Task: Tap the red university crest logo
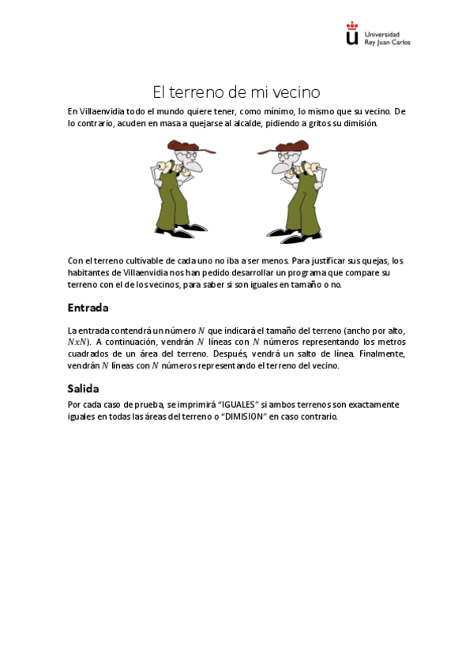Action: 352,34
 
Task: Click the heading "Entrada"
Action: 88,307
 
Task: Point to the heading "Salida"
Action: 84,388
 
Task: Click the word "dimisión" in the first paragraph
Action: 362,124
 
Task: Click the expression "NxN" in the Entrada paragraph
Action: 78,342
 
